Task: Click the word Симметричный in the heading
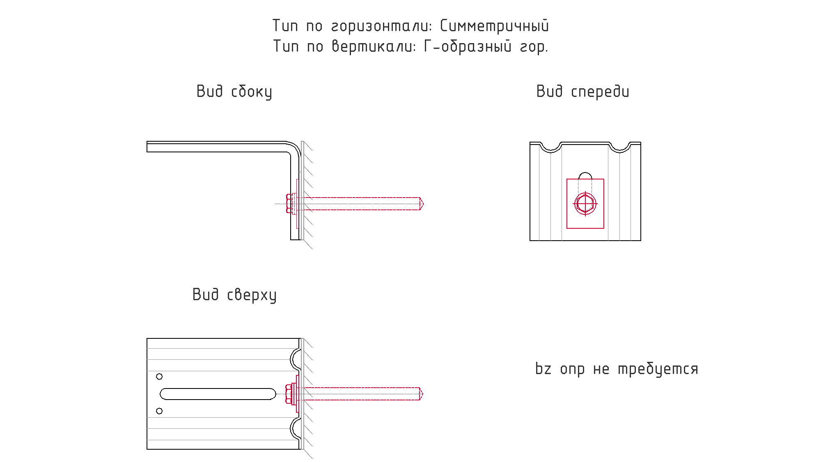[x=494, y=26]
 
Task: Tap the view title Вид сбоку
[x=234, y=92]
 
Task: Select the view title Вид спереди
[x=582, y=92]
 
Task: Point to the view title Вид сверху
[x=234, y=295]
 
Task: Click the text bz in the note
[x=543, y=368]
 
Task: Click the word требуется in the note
[x=658, y=369]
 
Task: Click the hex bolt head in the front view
[x=585, y=204]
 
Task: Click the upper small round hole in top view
[x=159, y=377]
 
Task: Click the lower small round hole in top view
[x=159, y=411]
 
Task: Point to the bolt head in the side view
[x=289, y=204]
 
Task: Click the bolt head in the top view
[x=289, y=394]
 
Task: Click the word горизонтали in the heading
[x=382, y=26]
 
